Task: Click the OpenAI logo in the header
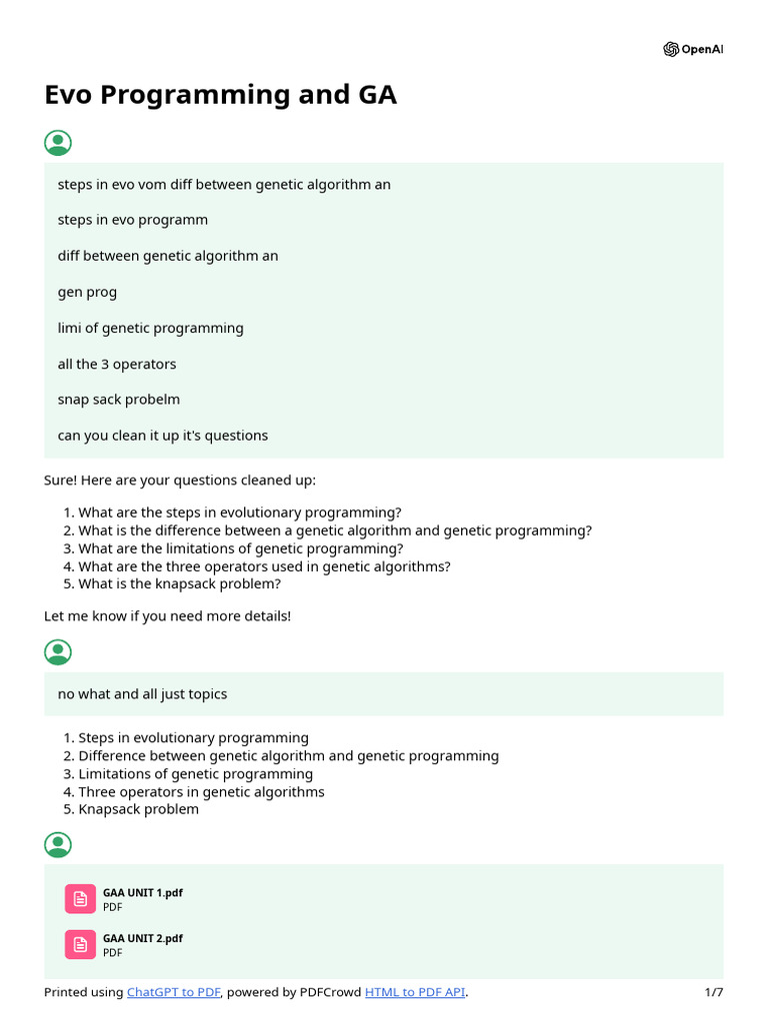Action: coord(692,50)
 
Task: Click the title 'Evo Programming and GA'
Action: coord(220,95)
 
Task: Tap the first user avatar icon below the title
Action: coord(58,143)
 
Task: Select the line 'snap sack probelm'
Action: coord(119,400)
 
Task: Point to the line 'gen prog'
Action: coord(87,292)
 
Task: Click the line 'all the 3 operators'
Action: coord(117,364)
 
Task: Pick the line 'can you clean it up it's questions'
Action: coord(163,436)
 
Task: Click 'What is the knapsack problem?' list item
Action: coord(180,584)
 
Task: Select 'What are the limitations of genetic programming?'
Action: coord(241,548)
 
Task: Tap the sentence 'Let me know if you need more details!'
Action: coord(168,616)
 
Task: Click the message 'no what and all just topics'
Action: coord(142,694)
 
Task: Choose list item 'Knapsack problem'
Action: coord(138,809)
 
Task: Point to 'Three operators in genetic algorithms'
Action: coord(201,792)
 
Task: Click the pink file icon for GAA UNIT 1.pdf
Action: coord(80,899)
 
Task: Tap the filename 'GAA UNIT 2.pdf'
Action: coord(143,939)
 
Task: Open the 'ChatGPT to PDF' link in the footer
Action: coord(173,992)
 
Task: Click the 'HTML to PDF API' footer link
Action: coord(415,992)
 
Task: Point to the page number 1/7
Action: coord(713,992)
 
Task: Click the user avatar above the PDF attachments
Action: coord(58,844)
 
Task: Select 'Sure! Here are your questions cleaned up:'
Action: coord(180,481)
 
